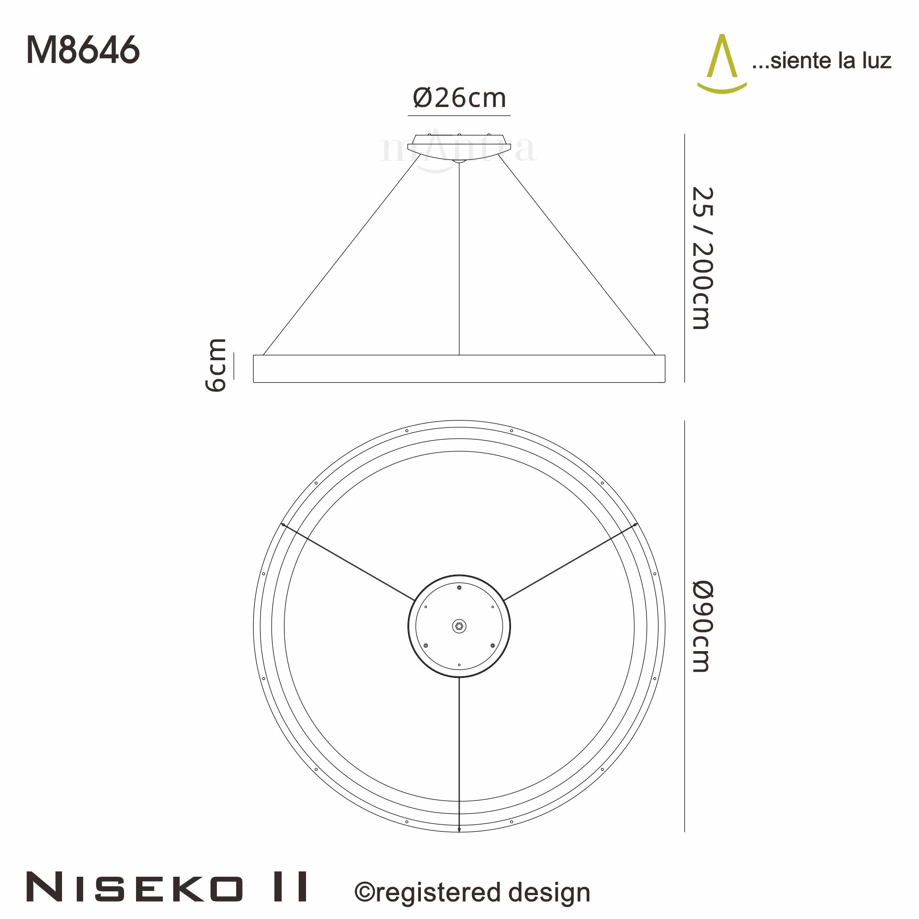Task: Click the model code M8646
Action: (83, 51)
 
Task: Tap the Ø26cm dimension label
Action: (459, 98)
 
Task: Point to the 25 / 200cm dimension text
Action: (702, 258)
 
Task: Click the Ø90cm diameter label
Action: (702, 626)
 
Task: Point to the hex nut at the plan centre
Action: (459, 626)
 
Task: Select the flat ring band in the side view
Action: (459, 369)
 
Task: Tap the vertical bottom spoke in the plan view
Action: (459, 752)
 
